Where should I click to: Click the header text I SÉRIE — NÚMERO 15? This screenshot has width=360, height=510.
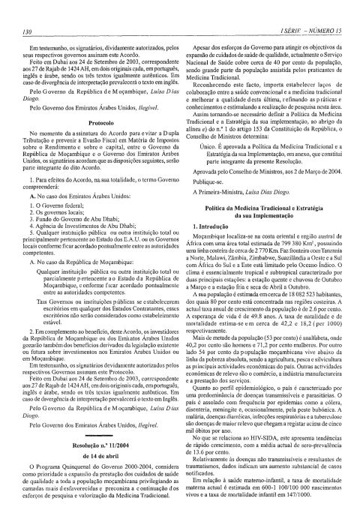310,10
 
